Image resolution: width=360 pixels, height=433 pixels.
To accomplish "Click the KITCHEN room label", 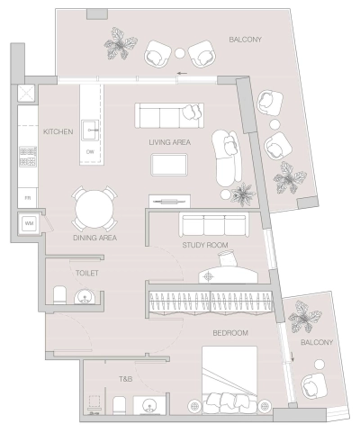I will click(x=58, y=131).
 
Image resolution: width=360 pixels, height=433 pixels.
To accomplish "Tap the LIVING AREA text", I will click(x=169, y=142).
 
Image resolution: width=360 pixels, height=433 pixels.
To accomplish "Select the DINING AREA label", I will click(x=95, y=238).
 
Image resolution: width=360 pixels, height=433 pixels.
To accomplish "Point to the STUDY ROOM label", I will click(x=204, y=245).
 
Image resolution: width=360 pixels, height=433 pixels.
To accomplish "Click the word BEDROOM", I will click(x=229, y=332).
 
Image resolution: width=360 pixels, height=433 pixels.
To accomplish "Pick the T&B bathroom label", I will click(x=125, y=379).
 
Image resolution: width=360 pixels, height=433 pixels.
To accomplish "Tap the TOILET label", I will click(x=88, y=272).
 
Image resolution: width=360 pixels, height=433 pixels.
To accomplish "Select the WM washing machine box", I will click(x=28, y=221).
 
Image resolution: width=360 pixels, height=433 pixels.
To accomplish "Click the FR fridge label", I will click(x=28, y=197).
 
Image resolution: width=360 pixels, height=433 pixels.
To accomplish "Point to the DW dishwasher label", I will click(x=90, y=152).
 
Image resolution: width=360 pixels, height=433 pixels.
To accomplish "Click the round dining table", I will click(x=94, y=210).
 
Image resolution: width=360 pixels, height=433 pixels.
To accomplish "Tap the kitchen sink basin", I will click(x=91, y=131).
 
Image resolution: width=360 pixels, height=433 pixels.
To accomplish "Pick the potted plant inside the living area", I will click(x=242, y=192).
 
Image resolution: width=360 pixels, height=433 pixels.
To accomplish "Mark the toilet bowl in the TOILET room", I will click(x=59, y=294).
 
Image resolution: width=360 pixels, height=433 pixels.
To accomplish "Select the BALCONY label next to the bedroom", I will click(x=317, y=342).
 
